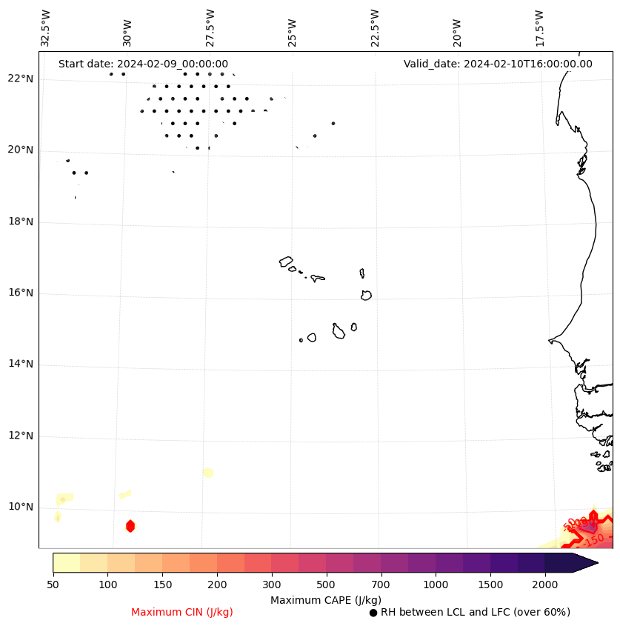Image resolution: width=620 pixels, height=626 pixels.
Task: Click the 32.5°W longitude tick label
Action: (x=46, y=28)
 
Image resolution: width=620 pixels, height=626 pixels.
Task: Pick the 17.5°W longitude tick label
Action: (x=540, y=28)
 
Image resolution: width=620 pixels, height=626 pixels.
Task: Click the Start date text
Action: (x=143, y=64)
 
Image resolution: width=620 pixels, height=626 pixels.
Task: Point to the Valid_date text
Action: (x=498, y=64)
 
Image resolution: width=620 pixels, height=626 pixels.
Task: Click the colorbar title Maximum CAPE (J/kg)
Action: (x=325, y=600)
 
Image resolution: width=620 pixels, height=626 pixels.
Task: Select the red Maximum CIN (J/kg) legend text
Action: (x=182, y=612)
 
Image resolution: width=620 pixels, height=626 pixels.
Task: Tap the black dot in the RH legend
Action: (x=373, y=613)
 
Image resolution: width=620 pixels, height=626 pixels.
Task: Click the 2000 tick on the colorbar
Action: (x=545, y=585)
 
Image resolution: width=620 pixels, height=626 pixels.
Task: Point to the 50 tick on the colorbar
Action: (x=53, y=585)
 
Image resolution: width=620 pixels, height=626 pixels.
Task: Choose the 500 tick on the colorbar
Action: (x=327, y=585)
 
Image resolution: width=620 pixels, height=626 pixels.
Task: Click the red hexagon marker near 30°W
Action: (x=130, y=526)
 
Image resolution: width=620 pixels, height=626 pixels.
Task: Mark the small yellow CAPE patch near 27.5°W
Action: (x=208, y=473)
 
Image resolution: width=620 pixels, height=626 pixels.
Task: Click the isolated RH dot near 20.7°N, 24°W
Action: (x=333, y=123)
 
